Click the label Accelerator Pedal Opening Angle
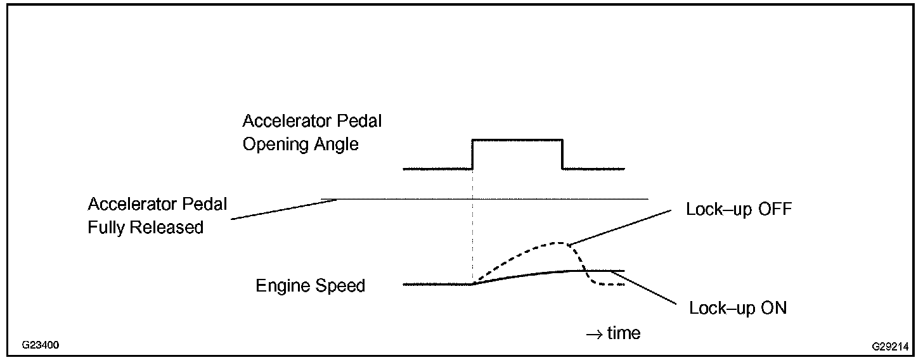[x=312, y=132]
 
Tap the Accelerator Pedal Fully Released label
[x=157, y=215]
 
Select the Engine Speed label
[x=310, y=286]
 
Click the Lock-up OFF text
[x=739, y=209]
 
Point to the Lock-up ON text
[x=738, y=309]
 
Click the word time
[x=624, y=333]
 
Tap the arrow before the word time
[x=594, y=333]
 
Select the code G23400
[x=41, y=346]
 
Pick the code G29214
[x=890, y=347]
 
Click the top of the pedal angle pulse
[x=517, y=139]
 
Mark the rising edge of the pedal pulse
[x=473, y=154]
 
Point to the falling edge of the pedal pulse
[x=562, y=154]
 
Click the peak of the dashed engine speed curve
[x=558, y=243]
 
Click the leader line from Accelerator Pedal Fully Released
[x=285, y=209]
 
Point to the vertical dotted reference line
[x=473, y=228]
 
